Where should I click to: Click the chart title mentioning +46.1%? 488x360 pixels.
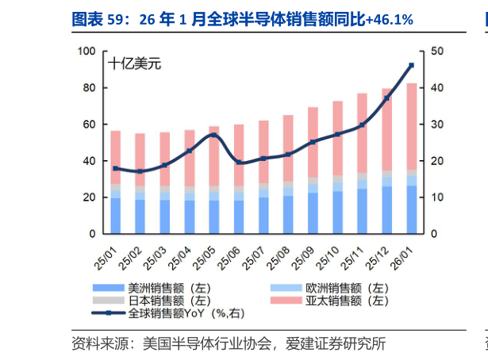tap(242, 18)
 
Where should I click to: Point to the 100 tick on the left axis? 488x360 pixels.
tap(87, 52)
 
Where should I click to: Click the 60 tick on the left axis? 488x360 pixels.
tap(90, 124)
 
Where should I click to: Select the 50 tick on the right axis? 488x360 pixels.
tap(436, 52)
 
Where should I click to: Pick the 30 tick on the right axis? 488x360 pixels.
tap(436, 124)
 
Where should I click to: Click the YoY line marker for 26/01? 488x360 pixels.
tap(411, 65)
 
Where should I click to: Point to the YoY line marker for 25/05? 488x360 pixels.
tap(214, 135)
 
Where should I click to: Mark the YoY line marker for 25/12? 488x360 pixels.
tap(386, 98)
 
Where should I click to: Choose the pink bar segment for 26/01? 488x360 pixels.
tap(411, 126)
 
